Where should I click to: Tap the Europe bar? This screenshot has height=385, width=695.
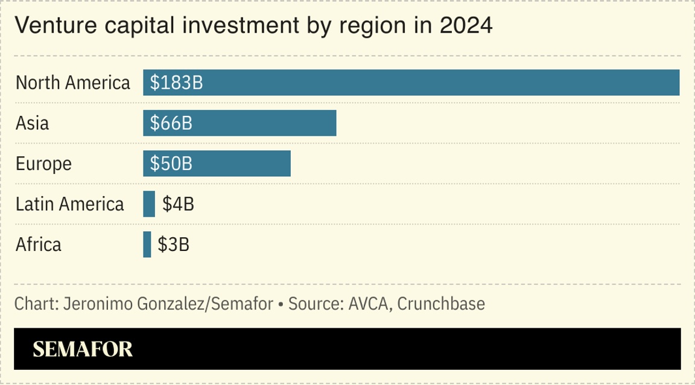tap(241, 164)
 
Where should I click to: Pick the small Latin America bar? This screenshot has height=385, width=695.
tap(149, 204)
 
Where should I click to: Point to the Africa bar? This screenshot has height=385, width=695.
tap(147, 244)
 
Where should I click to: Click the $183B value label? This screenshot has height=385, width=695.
tap(176, 83)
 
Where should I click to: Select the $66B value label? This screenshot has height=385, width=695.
tap(171, 123)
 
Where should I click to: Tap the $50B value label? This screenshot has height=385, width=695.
tap(171, 164)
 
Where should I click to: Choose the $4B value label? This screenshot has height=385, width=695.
tap(178, 205)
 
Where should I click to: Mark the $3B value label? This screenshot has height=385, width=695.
tap(174, 245)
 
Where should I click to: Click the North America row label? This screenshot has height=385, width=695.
tap(72, 83)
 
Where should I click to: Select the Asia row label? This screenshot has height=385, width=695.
tap(32, 123)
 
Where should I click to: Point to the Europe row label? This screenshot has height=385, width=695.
tap(43, 164)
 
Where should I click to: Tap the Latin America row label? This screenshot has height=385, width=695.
tap(69, 205)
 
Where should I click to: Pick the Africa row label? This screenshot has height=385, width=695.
tap(39, 245)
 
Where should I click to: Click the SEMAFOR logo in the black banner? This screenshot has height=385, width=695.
tap(83, 349)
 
